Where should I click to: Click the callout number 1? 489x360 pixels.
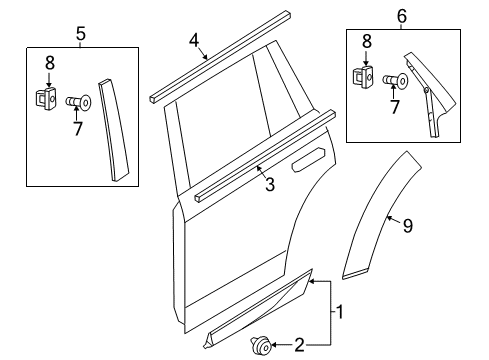(x=341, y=312)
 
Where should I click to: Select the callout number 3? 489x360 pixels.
(x=268, y=183)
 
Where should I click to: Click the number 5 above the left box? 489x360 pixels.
(x=81, y=35)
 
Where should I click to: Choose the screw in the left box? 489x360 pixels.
(x=80, y=100)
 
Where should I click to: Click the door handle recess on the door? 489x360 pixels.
(x=309, y=156)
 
